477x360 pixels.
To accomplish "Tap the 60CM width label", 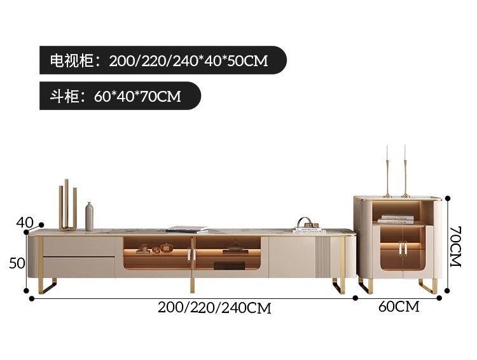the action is click(399, 307).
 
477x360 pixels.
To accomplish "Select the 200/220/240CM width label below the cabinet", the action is click(214, 308).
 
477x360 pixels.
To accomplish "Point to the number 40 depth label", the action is click(25, 223).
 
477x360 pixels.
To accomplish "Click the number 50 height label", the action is click(17, 263).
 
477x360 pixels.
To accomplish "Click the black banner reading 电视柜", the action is click(163, 61).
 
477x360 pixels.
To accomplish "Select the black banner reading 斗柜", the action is click(120, 96).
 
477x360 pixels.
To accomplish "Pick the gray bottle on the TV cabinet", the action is click(89, 217).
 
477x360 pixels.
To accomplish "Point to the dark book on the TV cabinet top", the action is click(187, 229).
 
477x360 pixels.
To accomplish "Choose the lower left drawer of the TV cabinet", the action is click(79, 265).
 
